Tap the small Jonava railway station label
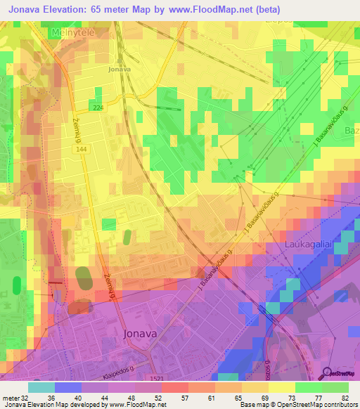120,70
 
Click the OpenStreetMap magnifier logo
326,372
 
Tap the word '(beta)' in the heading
267,10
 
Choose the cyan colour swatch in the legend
41,387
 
